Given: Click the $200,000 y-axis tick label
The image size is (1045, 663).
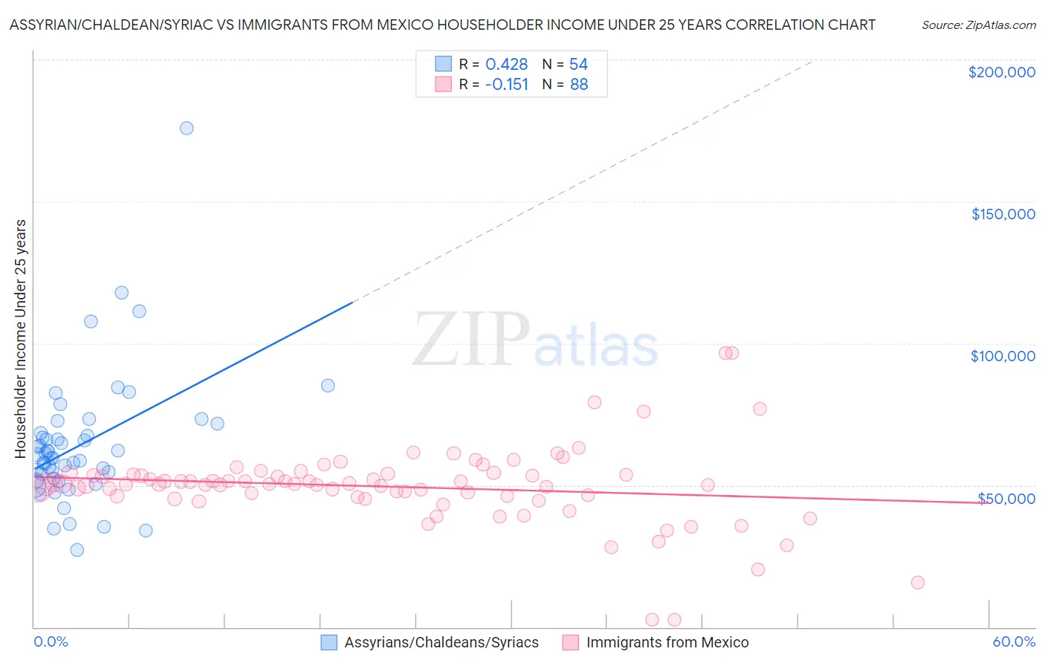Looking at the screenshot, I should point(1001,72).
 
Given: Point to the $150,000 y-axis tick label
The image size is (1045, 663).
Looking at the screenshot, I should point(1003,214).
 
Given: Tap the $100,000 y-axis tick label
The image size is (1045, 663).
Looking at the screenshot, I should point(1003,356).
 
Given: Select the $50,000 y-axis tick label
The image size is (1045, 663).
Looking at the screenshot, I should point(1006,499).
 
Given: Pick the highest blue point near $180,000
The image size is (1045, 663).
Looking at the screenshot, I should point(187,129).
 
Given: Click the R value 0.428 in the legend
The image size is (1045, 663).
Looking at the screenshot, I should point(506,65).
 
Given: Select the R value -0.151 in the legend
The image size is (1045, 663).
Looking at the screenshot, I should point(506,85).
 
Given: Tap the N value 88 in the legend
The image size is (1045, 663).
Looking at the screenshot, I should point(579,85).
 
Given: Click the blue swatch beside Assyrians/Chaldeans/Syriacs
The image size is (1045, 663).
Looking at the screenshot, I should point(329,642).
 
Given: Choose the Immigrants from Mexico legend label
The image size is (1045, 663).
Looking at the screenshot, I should point(667,642).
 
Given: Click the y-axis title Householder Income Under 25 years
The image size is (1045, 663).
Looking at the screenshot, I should point(21,338).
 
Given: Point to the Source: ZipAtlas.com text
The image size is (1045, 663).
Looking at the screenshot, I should point(978,25).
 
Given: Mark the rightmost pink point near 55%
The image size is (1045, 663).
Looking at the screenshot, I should point(917,583).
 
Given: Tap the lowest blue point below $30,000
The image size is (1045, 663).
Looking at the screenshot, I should point(77,550).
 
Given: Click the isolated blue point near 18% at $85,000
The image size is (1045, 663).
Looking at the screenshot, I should point(328,386).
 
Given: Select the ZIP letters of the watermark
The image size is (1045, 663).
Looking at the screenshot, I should point(470,340).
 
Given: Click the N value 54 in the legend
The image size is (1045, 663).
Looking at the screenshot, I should point(578,65).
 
